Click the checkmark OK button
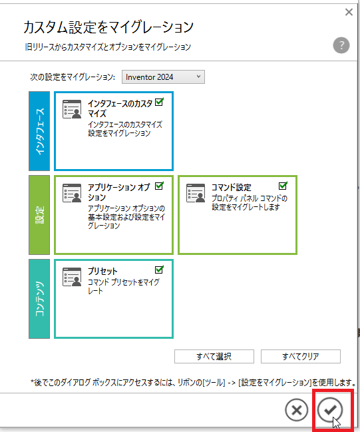[329, 410]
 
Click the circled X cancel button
[297, 410]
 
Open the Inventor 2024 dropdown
[163, 77]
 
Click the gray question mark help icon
[341, 45]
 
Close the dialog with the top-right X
[349, 12]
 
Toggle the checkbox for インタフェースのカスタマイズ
[159, 103]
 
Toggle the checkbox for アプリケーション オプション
[159, 186]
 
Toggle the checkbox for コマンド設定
[283, 186]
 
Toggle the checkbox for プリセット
[159, 270]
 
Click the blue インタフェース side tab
[39, 131]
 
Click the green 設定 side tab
[39, 215]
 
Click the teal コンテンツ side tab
[39, 299]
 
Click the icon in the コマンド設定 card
[196, 193]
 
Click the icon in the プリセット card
[72, 277]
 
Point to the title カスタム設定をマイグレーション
[108, 27]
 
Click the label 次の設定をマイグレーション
[73, 77]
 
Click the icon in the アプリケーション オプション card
[72, 193]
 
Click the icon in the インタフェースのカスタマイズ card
[72, 109]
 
